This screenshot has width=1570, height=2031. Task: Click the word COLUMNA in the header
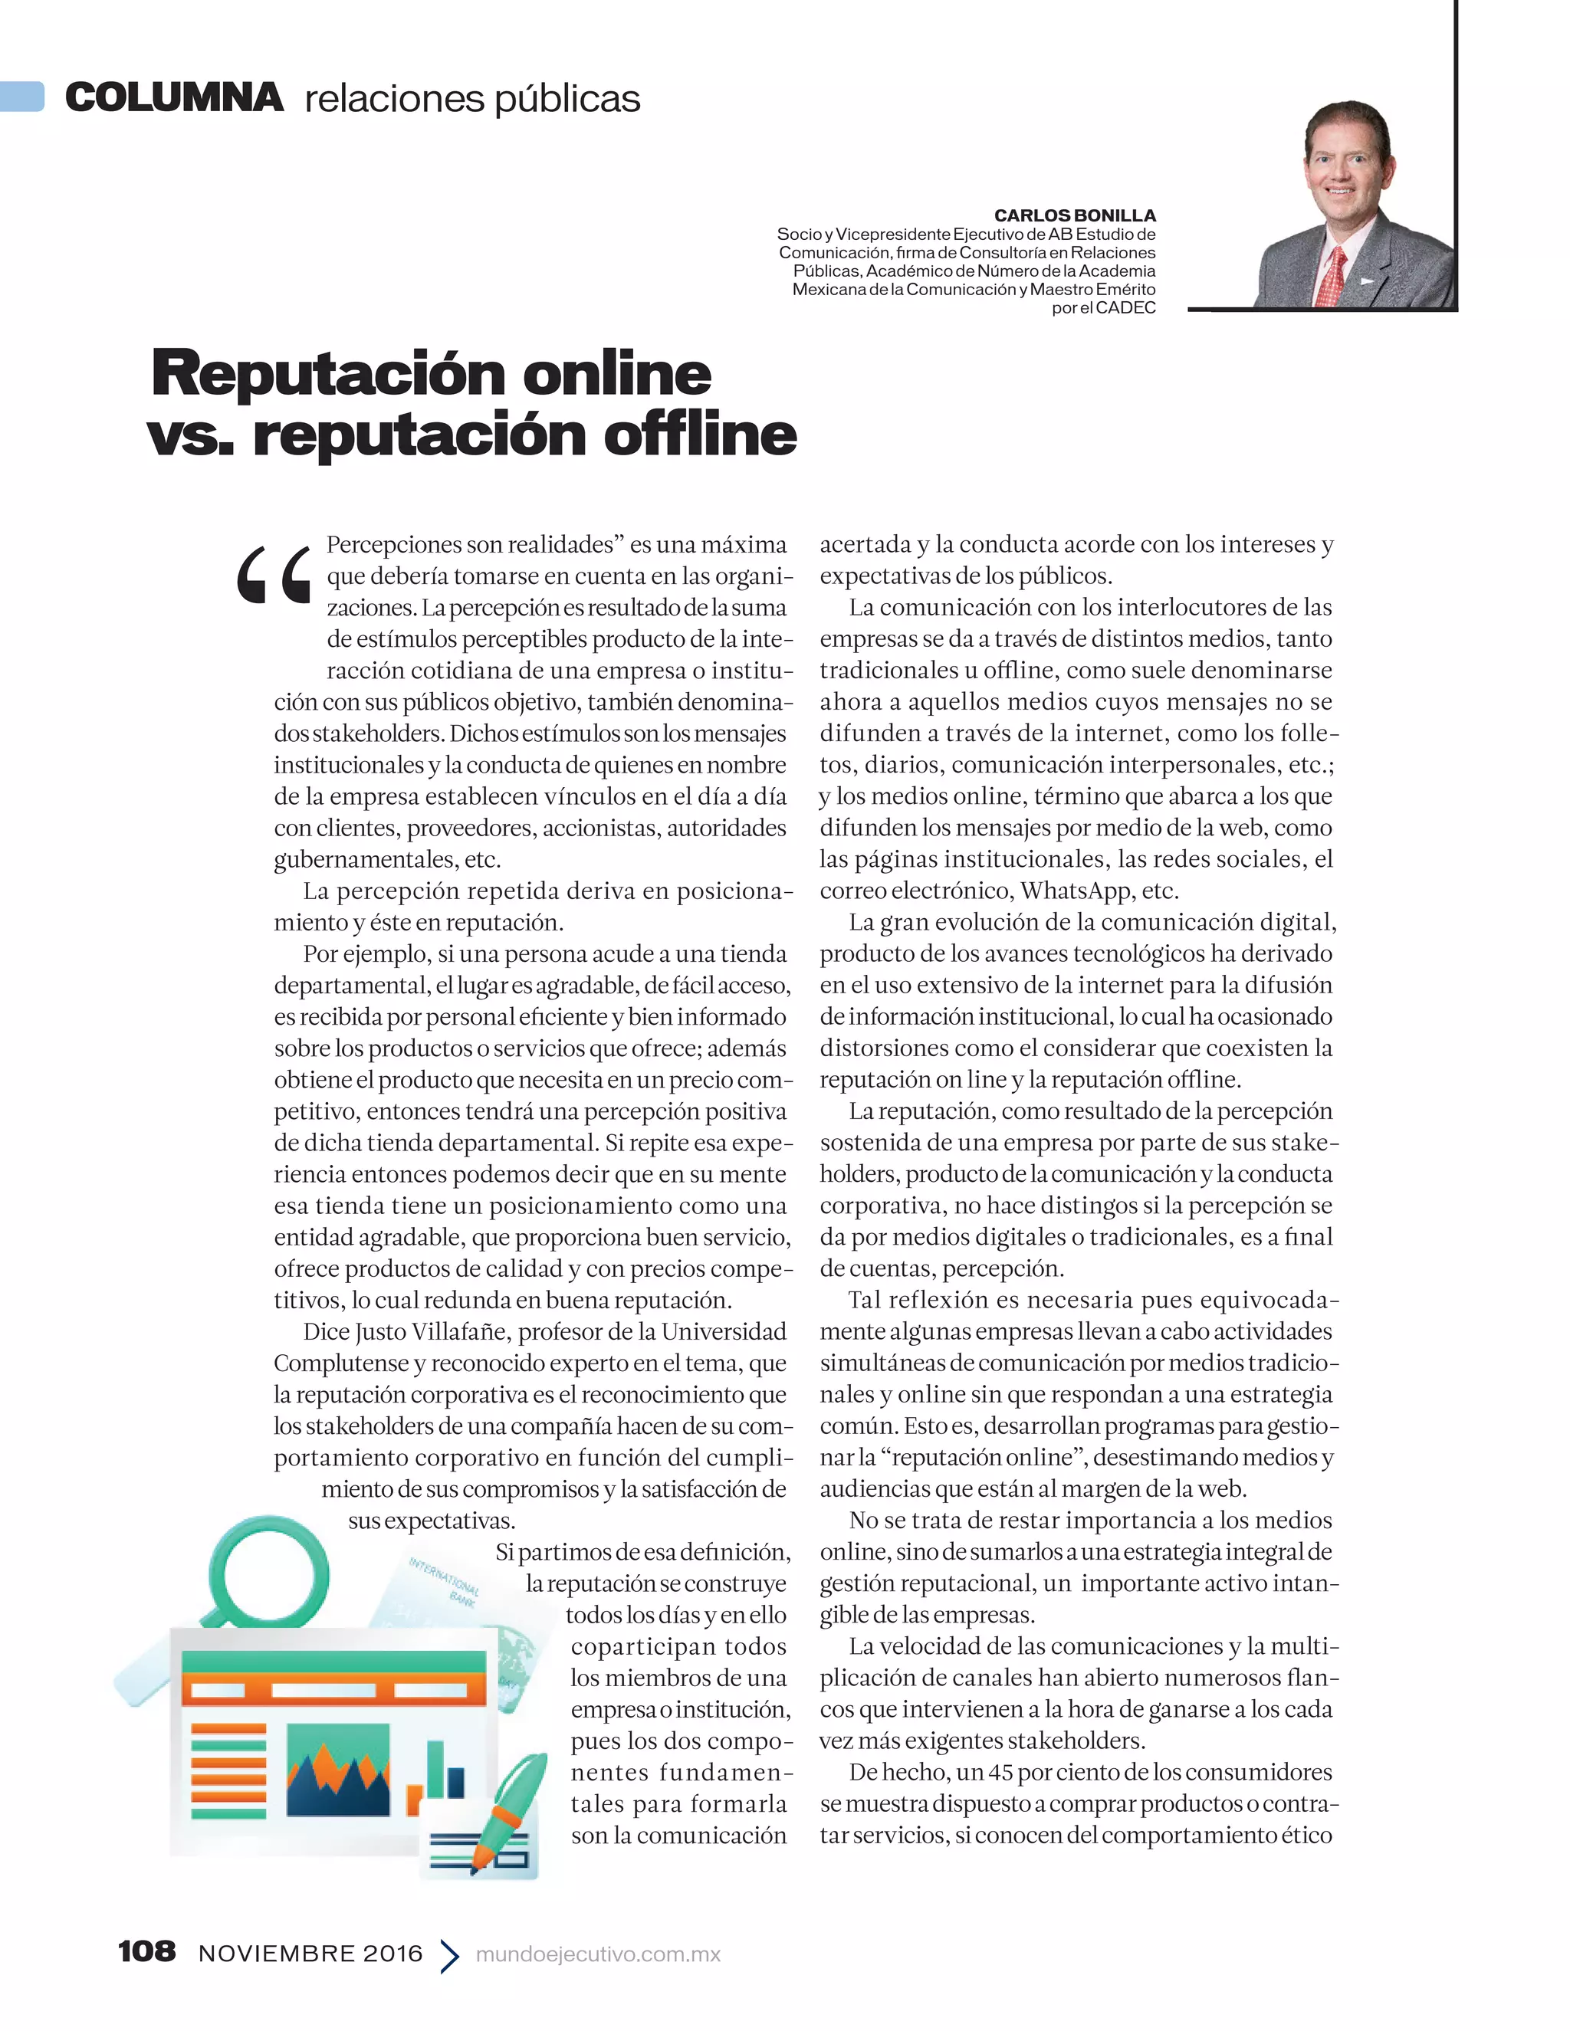174,97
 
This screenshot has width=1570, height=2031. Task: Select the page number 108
147,1951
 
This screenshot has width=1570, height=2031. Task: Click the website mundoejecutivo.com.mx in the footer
598,1954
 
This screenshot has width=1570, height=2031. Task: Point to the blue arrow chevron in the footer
449,1955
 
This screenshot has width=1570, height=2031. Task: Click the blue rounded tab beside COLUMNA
22,97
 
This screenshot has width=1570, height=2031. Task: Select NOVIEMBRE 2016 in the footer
310,1954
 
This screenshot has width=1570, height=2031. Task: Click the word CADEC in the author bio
1125,308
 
